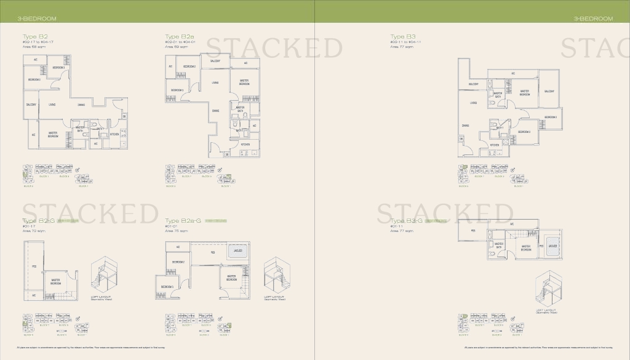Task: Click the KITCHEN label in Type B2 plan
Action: point(114,134)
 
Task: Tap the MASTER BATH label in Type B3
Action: point(498,95)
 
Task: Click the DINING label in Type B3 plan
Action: point(466,126)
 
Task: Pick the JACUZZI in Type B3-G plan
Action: point(552,246)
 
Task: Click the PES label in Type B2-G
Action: point(34,267)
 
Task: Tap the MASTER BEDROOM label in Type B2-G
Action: point(55,282)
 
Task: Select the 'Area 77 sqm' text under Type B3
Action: point(401,46)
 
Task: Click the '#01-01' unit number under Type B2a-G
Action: point(172,226)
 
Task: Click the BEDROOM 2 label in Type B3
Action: point(550,117)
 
